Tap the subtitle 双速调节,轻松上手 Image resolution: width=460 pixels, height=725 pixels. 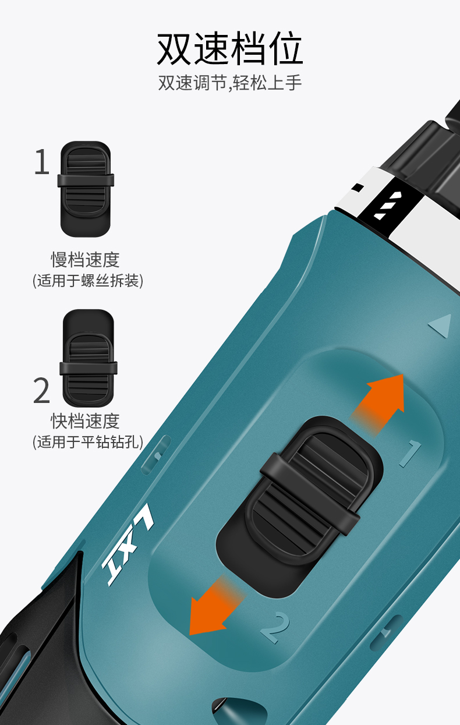pos(230,83)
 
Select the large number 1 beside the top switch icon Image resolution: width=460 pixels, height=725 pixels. pos(42,161)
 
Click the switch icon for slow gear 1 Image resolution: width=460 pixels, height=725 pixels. pos(86,189)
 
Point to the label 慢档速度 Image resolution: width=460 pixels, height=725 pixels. pos(86,259)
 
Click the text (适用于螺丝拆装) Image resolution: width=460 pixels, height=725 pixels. pos(88,281)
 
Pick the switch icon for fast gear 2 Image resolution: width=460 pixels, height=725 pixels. pos(88,358)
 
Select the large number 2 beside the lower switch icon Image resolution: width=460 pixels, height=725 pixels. pos(42,390)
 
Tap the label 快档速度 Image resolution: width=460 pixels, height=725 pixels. pos(86,421)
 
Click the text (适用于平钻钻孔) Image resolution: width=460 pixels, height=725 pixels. pos(88,442)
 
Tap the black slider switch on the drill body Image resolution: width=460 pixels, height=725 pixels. pos(299,507)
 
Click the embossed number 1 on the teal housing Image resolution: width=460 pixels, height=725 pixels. pos(410,453)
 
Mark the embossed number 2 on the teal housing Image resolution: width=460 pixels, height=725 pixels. pos(276,627)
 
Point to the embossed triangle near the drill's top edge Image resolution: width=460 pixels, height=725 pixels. pos(441,326)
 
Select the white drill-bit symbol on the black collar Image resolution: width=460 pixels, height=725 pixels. pos(387,204)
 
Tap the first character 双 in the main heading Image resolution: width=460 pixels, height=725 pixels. pos(174,48)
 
